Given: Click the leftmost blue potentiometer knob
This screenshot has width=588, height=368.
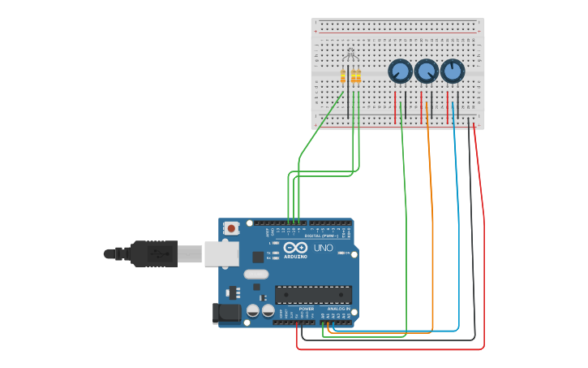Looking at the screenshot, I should pyautogui.click(x=400, y=71).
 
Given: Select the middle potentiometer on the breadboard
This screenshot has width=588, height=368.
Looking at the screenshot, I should pyautogui.click(x=426, y=71).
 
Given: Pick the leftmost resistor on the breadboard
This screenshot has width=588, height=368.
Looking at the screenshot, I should pyautogui.click(x=343, y=77).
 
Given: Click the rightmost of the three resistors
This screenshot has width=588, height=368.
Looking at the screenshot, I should pyautogui.click(x=358, y=77).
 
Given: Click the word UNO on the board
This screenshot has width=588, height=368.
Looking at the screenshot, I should pyautogui.click(x=323, y=247).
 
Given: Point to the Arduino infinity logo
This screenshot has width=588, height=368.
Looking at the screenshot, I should pyautogui.click(x=296, y=247).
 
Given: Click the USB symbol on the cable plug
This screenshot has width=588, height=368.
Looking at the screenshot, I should pyautogui.click(x=158, y=253).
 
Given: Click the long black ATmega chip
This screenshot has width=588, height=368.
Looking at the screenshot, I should pyautogui.click(x=313, y=294).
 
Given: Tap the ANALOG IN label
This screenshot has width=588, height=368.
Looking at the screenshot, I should pyautogui.click(x=338, y=309).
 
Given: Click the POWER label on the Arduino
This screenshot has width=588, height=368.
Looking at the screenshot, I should pyautogui.click(x=307, y=309).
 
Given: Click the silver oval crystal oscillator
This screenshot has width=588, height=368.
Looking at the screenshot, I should pyautogui.click(x=255, y=274).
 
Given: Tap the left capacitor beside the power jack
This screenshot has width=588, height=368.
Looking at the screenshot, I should pyautogui.click(x=253, y=310).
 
